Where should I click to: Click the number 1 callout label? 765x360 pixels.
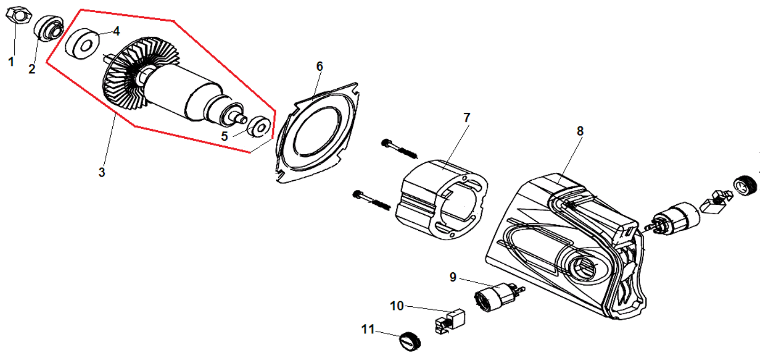coord(11,62)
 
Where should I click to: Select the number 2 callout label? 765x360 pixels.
coord(32,69)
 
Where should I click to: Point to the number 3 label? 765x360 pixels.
coord(102,172)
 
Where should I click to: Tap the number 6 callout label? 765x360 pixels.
coord(319,66)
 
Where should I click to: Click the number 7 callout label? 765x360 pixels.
coord(467,118)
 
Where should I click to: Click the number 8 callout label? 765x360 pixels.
coord(580,130)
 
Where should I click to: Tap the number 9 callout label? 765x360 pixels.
coord(453,277)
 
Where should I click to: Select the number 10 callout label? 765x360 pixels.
coord(397,306)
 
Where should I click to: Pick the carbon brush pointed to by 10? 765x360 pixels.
coord(450,321)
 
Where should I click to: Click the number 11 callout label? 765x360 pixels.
coord(368,329)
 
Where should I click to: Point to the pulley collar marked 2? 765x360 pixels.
coord(49,27)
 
